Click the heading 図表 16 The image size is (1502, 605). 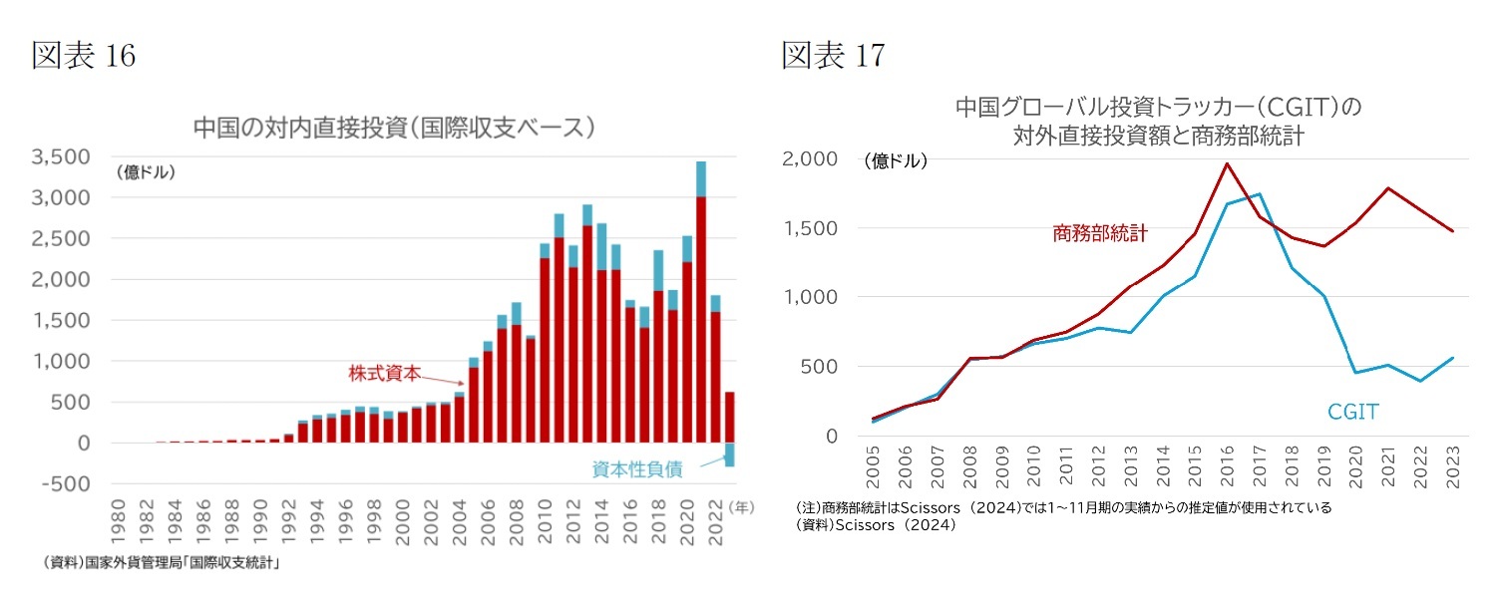click(84, 56)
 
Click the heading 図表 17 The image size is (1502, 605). click(833, 56)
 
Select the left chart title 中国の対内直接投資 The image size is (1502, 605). click(394, 128)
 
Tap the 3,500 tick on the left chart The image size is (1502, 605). click(62, 157)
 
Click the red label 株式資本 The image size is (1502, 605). click(384, 374)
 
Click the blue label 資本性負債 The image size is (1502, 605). click(637, 470)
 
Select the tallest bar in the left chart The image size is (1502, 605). click(701, 299)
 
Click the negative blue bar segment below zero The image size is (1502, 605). click(729, 454)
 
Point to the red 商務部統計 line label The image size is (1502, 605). click(1099, 233)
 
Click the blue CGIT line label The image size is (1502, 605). click(1352, 411)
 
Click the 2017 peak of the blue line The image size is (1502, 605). click(1260, 194)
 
